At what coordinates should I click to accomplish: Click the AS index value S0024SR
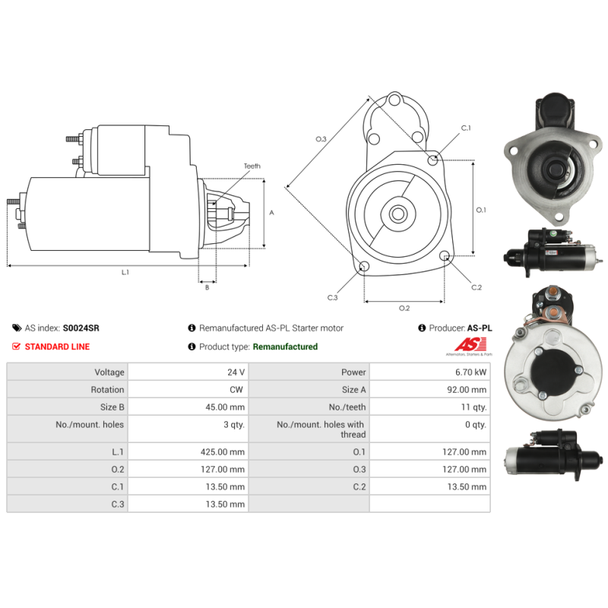(81, 328)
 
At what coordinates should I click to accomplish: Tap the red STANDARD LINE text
(58, 347)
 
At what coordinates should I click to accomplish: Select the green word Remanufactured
(285, 347)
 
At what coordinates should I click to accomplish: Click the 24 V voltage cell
(236, 372)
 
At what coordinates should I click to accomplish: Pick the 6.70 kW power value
(470, 372)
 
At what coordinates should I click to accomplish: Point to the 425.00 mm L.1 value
(223, 451)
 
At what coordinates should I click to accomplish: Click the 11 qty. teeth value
(473, 407)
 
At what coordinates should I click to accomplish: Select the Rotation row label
(107, 390)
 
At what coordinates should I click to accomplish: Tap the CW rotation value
(236, 390)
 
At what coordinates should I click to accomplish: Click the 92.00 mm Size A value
(467, 390)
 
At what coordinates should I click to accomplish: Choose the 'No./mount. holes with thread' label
(321, 429)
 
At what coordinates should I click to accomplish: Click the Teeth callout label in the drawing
(252, 166)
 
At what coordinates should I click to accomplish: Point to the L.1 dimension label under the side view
(125, 272)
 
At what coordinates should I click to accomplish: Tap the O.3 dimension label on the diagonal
(321, 139)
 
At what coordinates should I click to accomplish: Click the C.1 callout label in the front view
(466, 128)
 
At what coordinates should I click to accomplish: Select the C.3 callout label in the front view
(333, 297)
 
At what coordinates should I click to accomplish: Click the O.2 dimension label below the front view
(404, 308)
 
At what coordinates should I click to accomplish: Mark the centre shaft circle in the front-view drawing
(398, 214)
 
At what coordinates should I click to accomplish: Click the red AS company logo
(470, 344)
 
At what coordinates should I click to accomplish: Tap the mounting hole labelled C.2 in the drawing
(445, 255)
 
